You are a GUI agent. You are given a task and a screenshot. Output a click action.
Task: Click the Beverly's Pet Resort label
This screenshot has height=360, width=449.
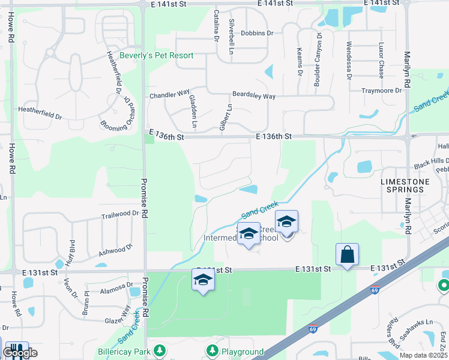[156, 56]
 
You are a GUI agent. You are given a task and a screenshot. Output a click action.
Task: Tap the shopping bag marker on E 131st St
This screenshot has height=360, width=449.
[348, 254]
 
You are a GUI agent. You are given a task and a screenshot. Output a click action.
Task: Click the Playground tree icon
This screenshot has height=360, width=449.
[211, 350]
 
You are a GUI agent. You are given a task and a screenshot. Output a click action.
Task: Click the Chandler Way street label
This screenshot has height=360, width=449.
[170, 95]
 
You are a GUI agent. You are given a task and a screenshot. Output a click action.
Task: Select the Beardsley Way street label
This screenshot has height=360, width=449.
[254, 96]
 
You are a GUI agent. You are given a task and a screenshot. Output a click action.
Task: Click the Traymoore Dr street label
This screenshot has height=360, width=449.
[381, 91]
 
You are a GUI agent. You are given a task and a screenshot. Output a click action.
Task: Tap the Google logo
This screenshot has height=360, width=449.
[20, 353]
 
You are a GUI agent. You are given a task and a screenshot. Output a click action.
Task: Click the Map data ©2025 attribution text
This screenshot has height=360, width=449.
[423, 355]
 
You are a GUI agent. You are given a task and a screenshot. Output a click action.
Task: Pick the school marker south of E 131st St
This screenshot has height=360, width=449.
[203, 280]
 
